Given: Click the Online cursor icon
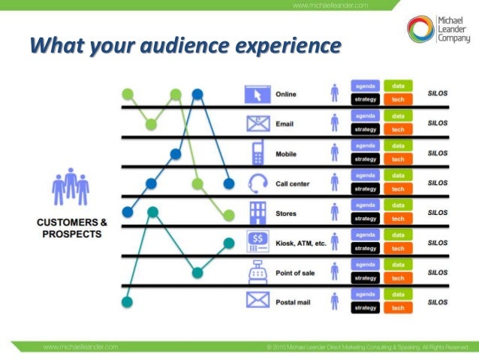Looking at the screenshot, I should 257,95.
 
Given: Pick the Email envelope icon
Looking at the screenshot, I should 258,123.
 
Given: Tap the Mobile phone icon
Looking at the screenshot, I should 258,153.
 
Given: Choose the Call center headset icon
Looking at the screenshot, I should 258,183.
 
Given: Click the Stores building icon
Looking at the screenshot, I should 258,212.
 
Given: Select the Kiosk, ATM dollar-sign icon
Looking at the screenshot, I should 258,241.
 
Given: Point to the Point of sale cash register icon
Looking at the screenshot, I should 258,271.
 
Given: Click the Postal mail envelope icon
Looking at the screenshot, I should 258,301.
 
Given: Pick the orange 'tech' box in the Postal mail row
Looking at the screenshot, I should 398,307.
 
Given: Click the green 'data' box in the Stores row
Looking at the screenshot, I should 398,204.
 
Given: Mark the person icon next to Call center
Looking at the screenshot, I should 334,183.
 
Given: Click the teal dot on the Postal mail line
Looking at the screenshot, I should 126,302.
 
